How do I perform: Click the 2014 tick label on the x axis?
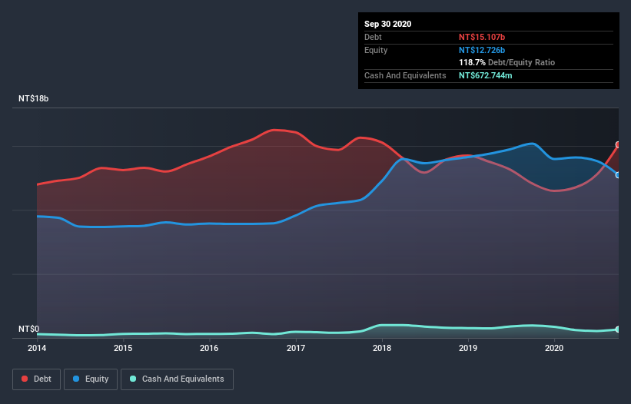[x=37, y=348]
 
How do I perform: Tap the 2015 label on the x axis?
[x=123, y=348]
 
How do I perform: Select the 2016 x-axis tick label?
[x=209, y=348]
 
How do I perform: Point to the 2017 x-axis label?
[x=296, y=348]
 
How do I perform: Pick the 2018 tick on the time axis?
[x=382, y=348]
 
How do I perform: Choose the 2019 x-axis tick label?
[x=468, y=348]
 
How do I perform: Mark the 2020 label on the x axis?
[x=555, y=348]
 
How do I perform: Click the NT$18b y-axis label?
[x=35, y=99]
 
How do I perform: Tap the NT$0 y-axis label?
[x=28, y=329]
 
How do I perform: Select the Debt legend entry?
[x=37, y=379]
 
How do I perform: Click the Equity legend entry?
[x=90, y=379]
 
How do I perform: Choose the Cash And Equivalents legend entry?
[x=177, y=379]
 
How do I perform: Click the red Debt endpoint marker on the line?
[x=618, y=144]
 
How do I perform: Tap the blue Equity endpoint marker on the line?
[x=618, y=175]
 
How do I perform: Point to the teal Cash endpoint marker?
[x=618, y=329]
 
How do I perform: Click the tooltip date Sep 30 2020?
[x=388, y=24]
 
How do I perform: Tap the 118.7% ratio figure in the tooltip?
[x=472, y=62]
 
